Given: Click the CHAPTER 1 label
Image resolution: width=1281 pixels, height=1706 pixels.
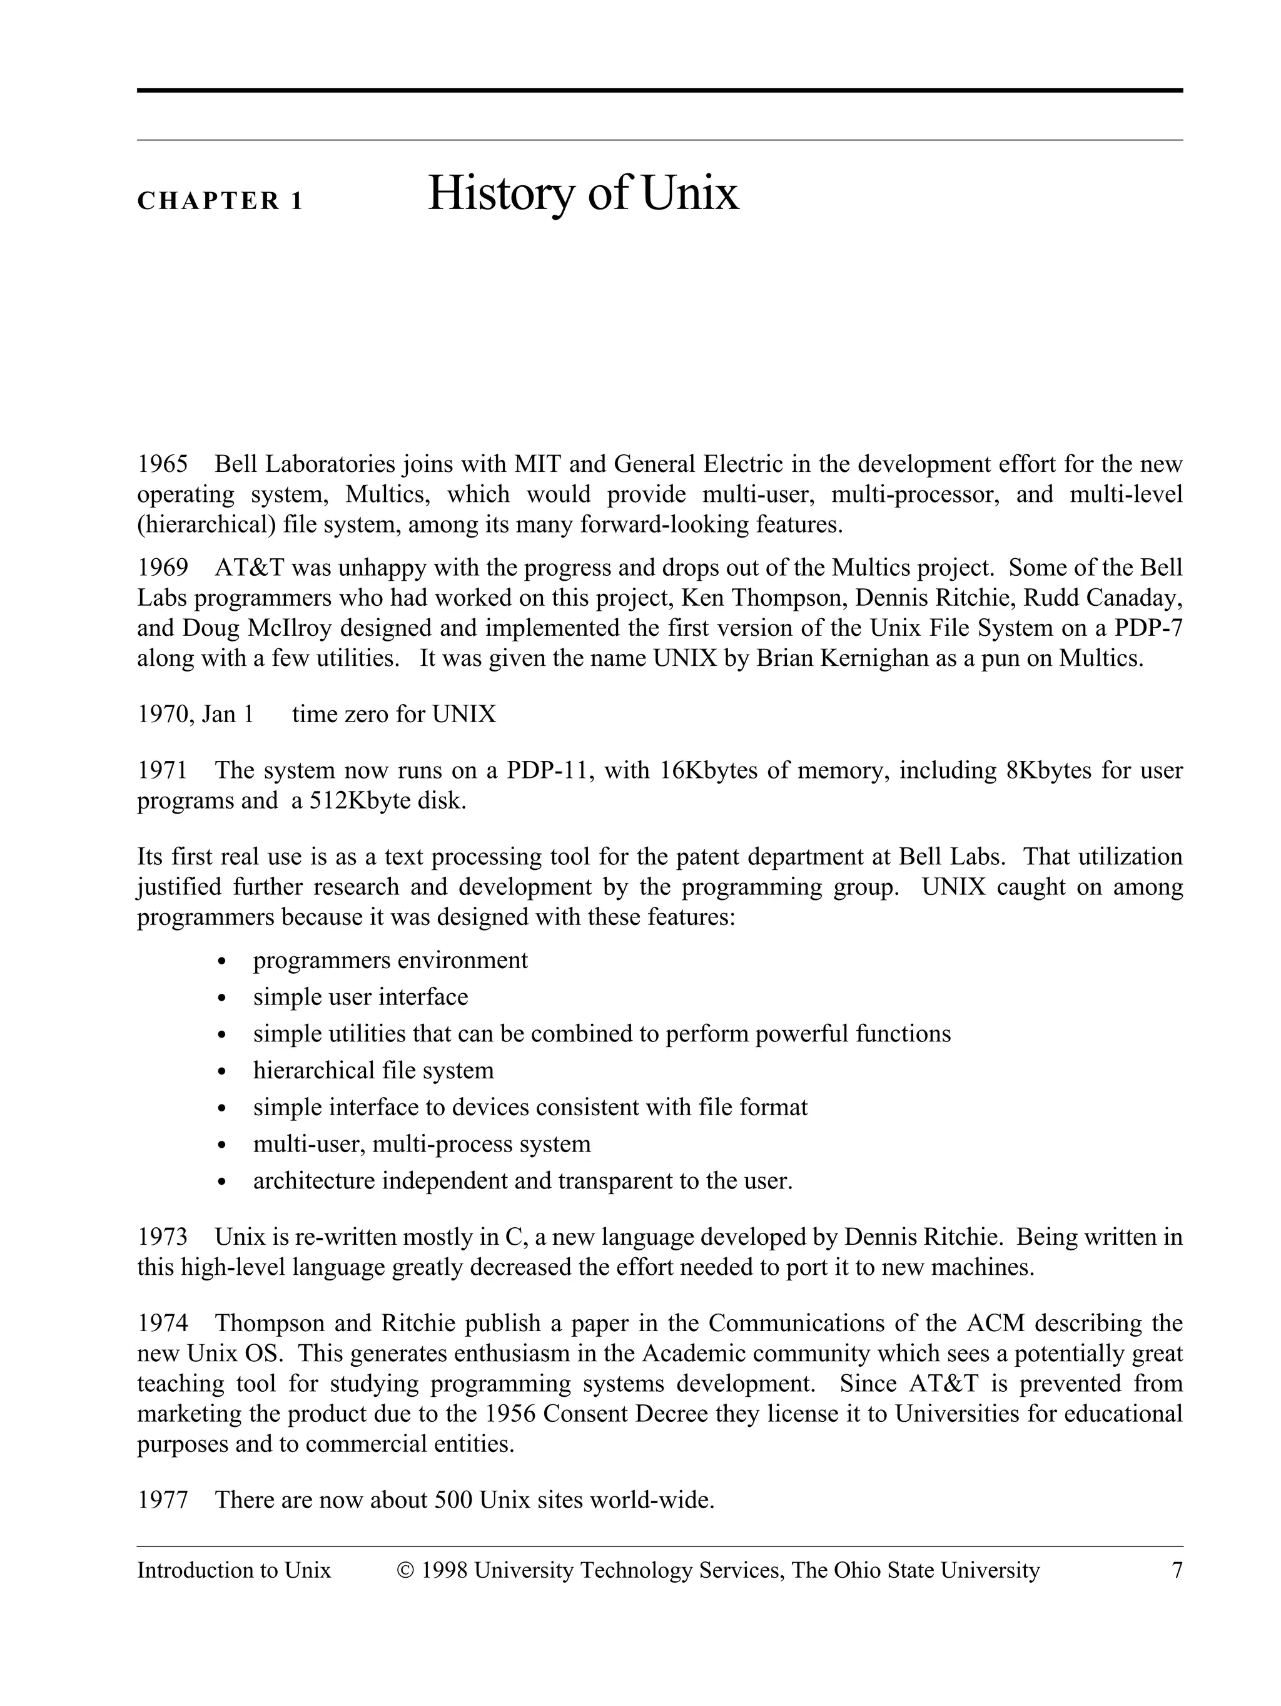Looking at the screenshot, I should click(220, 202).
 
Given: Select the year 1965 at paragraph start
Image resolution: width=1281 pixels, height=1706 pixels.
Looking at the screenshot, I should click(163, 464).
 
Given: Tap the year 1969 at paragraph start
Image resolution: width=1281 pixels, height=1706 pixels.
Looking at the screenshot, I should click(163, 568).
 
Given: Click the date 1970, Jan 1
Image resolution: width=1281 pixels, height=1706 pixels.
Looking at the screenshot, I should click(196, 714).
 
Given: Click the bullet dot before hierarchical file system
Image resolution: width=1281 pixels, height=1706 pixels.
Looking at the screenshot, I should click(223, 1072).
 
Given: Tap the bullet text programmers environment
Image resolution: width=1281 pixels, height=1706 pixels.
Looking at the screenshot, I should click(390, 960).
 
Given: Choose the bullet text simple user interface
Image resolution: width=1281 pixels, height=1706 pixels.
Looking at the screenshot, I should click(360, 997).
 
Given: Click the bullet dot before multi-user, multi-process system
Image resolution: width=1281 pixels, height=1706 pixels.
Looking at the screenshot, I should click(223, 1145).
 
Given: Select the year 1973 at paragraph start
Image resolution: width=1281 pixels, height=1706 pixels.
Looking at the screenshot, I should click(163, 1237).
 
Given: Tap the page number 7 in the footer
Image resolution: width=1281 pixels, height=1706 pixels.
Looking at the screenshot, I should click(1176, 1571).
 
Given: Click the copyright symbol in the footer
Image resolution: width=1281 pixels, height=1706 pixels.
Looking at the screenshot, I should click(405, 1571).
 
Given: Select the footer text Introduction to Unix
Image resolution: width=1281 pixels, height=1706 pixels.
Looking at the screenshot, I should click(233, 1571).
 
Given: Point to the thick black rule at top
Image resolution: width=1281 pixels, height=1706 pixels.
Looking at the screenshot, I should click(659, 90).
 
